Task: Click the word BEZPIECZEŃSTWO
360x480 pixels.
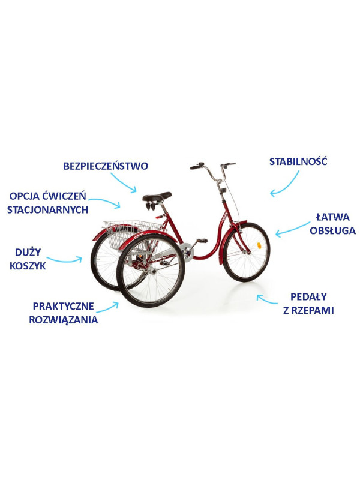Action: point(106,166)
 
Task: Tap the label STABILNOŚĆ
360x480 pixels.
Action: point(298,161)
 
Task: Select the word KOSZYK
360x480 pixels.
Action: point(28,266)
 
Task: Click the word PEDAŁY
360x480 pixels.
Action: point(308,296)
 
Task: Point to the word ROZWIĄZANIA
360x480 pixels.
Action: point(64,320)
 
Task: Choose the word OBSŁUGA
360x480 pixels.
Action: point(333,230)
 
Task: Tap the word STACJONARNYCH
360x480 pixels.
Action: point(48,209)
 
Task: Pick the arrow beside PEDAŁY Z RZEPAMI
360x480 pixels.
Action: point(266,299)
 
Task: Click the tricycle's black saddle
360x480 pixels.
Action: point(157,196)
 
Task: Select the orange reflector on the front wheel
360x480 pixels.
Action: point(259,245)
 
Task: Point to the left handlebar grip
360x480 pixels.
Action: point(194,167)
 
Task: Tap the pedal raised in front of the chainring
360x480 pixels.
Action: point(202,241)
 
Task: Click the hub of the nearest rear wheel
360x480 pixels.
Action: point(152,271)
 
